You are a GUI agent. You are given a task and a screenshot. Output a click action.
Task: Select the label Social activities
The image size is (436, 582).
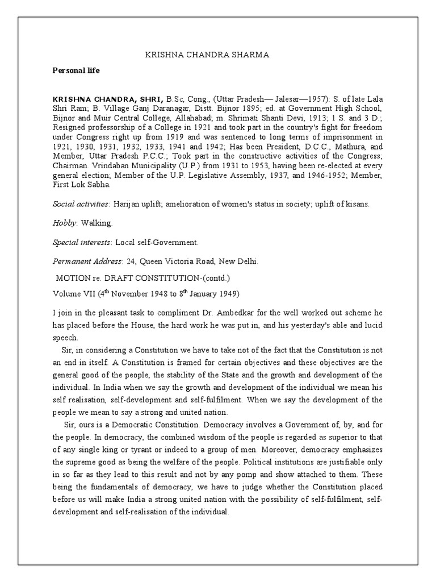[81, 203]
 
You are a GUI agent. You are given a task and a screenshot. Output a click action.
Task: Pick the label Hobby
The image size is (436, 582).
[64, 223]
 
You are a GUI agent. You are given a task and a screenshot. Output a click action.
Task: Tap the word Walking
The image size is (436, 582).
[98, 223]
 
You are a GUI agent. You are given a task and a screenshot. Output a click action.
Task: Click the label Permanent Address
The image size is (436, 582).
[86, 261]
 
